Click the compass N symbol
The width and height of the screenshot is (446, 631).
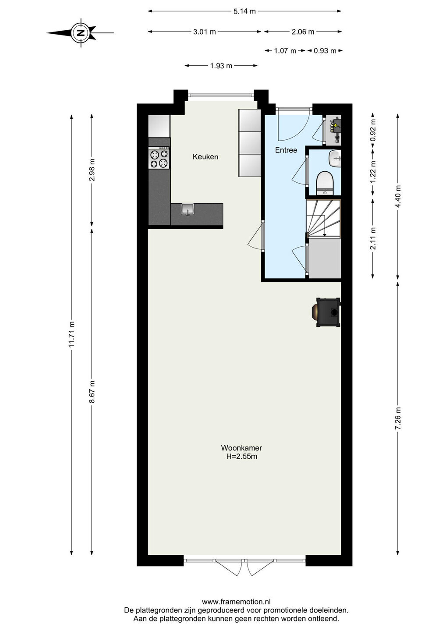click(81, 33)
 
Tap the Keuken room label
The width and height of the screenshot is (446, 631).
click(205, 157)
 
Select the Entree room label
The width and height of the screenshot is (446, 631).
click(286, 150)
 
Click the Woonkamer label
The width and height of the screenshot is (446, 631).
click(241, 448)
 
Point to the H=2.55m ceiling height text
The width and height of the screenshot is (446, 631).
click(241, 457)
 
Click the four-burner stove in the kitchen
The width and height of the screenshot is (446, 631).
click(159, 158)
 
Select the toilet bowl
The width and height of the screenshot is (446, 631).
click(325, 183)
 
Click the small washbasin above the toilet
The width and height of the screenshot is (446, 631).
click(335, 159)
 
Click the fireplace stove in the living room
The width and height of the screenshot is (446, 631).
click(327, 312)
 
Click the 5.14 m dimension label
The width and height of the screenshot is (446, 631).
click(244, 11)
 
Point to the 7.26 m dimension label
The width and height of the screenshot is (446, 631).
click(398, 418)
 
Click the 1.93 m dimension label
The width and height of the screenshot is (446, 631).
click(221, 66)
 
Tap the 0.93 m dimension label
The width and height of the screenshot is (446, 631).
click(325, 51)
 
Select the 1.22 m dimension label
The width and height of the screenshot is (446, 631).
click(373, 172)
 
